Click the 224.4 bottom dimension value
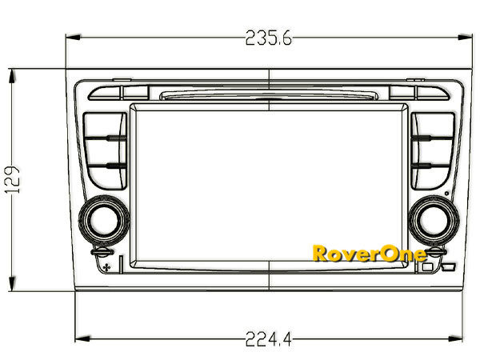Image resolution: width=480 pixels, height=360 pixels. pyautogui.click(x=268, y=339)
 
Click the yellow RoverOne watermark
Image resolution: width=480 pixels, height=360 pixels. pyautogui.click(x=369, y=254)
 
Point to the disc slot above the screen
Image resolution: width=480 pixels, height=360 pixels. pyautogui.click(x=269, y=96)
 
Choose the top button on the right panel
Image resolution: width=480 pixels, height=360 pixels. pyautogui.click(x=433, y=126)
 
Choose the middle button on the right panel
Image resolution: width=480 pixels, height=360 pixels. pyautogui.click(x=433, y=151)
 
